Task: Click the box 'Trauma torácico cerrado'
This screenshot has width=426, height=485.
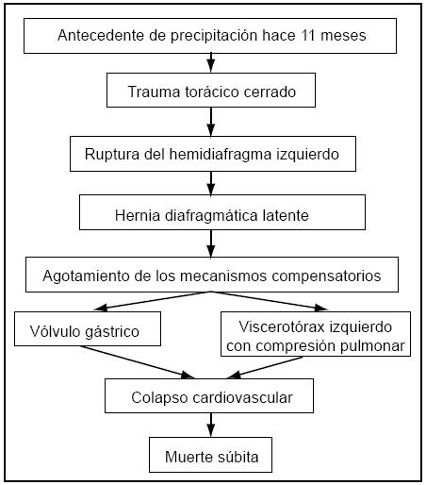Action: [x=211, y=91]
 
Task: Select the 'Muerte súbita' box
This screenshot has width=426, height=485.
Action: [x=210, y=455]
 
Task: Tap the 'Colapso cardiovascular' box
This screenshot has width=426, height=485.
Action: [x=209, y=395]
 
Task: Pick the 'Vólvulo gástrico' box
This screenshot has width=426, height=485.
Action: [x=88, y=328]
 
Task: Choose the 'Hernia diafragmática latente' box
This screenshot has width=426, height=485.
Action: [x=222, y=212]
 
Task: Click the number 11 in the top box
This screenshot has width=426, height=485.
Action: [x=308, y=35]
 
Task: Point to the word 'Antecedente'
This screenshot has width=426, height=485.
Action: [x=101, y=35]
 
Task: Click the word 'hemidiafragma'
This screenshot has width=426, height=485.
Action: [x=221, y=155]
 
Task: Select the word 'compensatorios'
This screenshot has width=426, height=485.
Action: [x=326, y=276]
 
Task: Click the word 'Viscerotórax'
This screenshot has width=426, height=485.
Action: [x=282, y=326]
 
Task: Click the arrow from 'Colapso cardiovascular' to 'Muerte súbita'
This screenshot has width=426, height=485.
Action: [x=211, y=425]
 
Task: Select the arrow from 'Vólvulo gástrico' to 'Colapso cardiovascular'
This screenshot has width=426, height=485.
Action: [x=138, y=362]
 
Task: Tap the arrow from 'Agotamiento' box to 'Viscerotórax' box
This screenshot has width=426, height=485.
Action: [x=270, y=301]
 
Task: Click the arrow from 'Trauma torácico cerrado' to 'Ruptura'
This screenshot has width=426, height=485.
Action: [x=211, y=122]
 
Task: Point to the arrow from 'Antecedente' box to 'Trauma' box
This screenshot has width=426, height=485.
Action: [x=211, y=63]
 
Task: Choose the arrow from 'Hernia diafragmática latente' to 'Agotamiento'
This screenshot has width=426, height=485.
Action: [x=211, y=243]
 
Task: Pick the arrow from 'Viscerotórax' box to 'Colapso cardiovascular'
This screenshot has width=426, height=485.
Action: [x=265, y=367]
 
